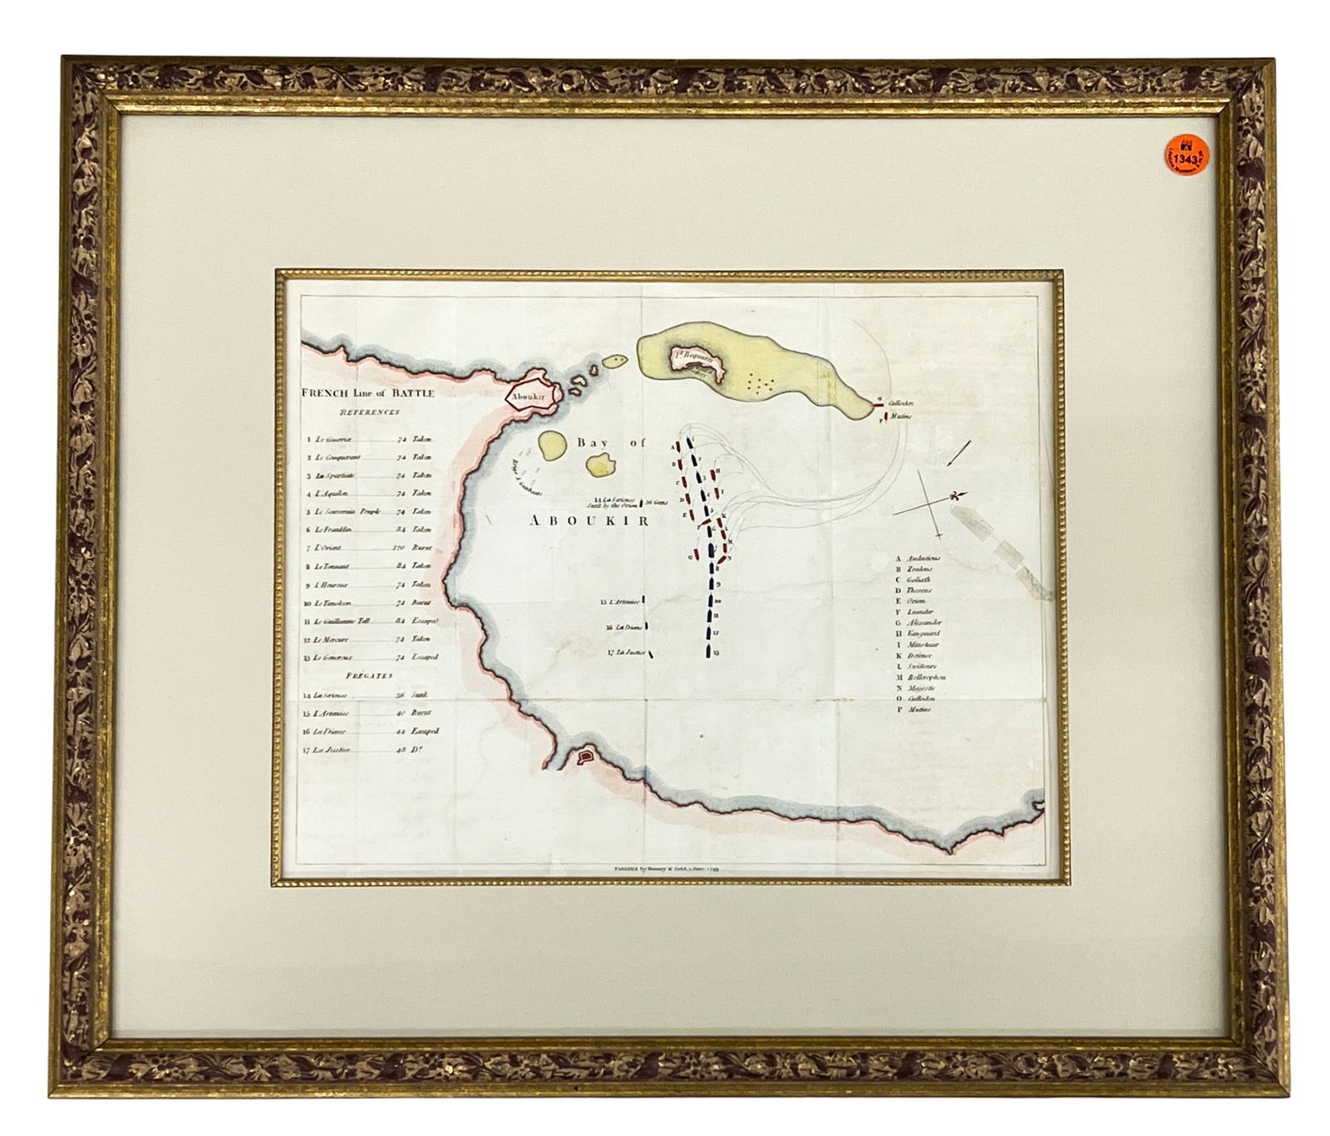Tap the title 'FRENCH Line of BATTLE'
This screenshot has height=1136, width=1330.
point(367,393)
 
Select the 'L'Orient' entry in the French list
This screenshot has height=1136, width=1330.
point(328,548)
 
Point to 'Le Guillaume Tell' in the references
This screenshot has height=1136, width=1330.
point(342,621)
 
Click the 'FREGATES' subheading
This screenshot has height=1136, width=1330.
point(368,676)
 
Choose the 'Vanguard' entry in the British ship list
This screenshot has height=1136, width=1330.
point(923,633)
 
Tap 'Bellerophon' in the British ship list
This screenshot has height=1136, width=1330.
point(926,677)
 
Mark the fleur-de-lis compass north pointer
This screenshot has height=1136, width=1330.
point(956,496)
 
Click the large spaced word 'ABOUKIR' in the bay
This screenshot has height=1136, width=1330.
point(589,520)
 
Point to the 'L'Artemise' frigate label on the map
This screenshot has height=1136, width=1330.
point(622,602)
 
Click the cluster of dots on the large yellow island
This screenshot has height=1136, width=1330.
point(760,383)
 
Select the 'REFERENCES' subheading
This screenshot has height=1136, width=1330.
point(369,411)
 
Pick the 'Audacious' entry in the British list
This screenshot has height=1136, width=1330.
point(924,558)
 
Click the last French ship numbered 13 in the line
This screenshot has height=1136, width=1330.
point(707,651)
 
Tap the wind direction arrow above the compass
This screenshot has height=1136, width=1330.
point(958,453)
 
